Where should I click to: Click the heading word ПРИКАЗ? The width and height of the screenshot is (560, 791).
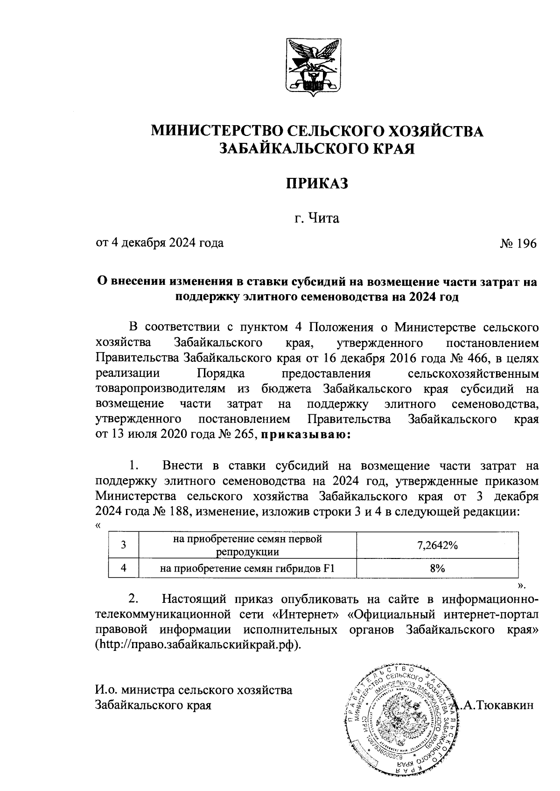pos(317,184)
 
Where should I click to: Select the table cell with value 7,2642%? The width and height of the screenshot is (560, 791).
pos(437,545)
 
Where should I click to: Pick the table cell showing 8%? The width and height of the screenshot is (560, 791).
pos(437,569)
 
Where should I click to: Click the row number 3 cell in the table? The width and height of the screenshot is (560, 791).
pos(124,545)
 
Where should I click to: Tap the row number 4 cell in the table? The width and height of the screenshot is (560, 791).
pos(124,569)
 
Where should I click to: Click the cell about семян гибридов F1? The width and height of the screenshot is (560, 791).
pos(247,569)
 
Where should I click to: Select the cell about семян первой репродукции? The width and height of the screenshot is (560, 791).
pos(247,545)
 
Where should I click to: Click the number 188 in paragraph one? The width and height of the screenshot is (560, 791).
pos(178,511)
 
